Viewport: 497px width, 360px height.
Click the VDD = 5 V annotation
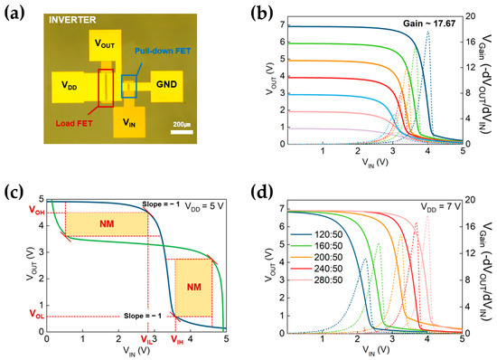201,207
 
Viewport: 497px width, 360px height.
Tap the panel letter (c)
13,190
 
